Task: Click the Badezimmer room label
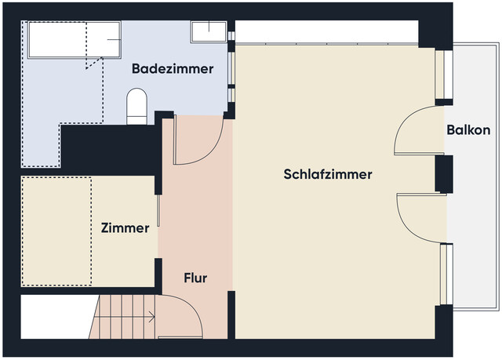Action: pos(173,69)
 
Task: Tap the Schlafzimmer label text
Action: pos(327,174)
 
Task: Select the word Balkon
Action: pos(468,130)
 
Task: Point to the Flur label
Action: pos(195,278)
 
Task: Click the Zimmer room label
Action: pos(125,228)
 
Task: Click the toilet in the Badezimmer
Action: pos(136,105)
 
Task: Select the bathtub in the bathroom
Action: pos(75,39)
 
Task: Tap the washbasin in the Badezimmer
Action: pos(209,31)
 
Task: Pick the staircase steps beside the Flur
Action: pos(125,318)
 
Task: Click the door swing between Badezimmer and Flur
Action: pos(196,141)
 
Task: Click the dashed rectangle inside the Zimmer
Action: pos(56,231)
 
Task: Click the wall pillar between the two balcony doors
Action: pos(444,174)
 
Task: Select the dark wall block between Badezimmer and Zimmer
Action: pos(110,149)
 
